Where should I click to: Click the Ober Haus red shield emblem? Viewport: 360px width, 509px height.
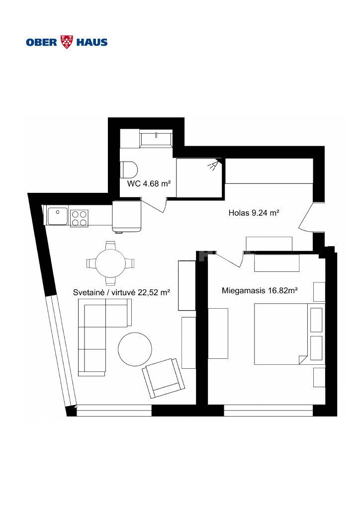click(x=67, y=42)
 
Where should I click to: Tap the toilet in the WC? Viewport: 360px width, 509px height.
click(x=129, y=170)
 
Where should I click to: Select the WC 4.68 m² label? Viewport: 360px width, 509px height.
click(x=149, y=183)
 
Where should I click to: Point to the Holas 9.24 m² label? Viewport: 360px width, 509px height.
click(x=254, y=213)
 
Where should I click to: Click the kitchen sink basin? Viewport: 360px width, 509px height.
click(x=58, y=216)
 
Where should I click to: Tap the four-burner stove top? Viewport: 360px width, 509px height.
click(x=79, y=218)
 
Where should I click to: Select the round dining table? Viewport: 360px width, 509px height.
click(x=110, y=263)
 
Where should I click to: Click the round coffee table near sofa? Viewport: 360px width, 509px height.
click(x=135, y=349)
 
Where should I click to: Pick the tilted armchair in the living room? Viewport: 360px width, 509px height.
click(x=163, y=378)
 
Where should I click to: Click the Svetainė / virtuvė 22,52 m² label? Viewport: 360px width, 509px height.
click(x=121, y=292)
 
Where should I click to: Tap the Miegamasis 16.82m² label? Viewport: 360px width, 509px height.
click(x=260, y=290)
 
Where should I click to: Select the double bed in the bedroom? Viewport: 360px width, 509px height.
click(x=280, y=334)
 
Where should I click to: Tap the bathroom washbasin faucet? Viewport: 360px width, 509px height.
click(x=156, y=135)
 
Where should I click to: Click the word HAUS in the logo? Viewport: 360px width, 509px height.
click(x=92, y=42)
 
